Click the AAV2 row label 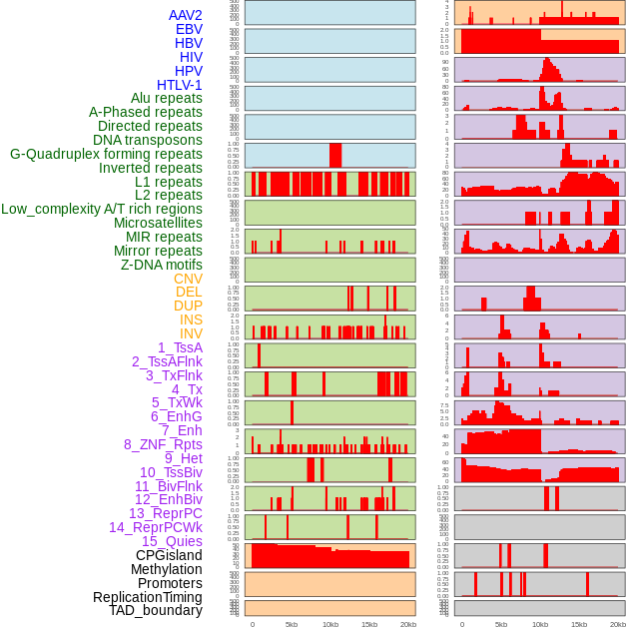click(185, 16)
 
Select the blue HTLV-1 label click(179, 85)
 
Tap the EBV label click(188, 30)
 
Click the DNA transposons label click(148, 141)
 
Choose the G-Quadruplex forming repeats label click(106, 155)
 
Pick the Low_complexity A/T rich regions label click(102, 210)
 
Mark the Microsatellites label click(158, 224)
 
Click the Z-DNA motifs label click(161, 266)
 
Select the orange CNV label click(188, 279)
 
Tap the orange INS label click(191, 320)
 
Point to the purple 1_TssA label click(180, 347)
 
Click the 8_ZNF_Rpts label click(163, 444)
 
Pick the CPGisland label click(169, 555)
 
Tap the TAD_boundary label click(156, 610)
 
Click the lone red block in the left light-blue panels click(335, 156)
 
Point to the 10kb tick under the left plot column click(330, 624)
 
